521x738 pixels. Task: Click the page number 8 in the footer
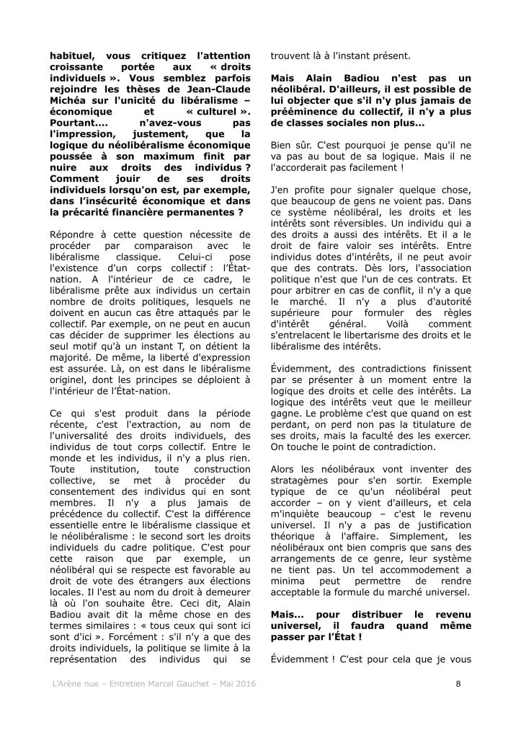tap(458, 684)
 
